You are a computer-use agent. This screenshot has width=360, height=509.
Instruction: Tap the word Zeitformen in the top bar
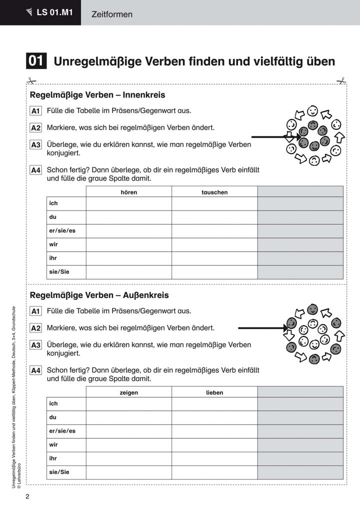[112, 14]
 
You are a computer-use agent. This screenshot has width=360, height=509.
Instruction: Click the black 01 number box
[36, 61]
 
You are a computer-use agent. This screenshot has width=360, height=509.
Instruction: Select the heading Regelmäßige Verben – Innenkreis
[97, 94]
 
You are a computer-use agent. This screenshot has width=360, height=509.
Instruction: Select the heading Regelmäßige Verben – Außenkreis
[99, 295]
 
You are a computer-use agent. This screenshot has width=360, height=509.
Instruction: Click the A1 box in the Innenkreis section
[35, 111]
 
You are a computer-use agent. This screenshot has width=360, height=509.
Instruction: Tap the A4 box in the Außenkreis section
[35, 370]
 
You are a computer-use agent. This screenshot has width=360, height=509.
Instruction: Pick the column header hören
[128, 192]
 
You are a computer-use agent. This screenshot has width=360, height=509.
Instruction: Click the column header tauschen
[214, 192]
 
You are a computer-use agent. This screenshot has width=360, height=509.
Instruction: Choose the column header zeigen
[128, 392]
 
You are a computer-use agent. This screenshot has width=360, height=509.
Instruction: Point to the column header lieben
[214, 392]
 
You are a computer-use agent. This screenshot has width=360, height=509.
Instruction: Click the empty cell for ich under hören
[128, 204]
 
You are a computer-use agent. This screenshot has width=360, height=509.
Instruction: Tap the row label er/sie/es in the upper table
[58, 231]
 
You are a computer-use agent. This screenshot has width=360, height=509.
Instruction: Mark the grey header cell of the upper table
[300, 191]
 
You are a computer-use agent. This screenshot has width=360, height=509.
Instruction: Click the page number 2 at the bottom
[28, 497]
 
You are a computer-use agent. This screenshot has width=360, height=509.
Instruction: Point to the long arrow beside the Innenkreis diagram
[272, 136]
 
